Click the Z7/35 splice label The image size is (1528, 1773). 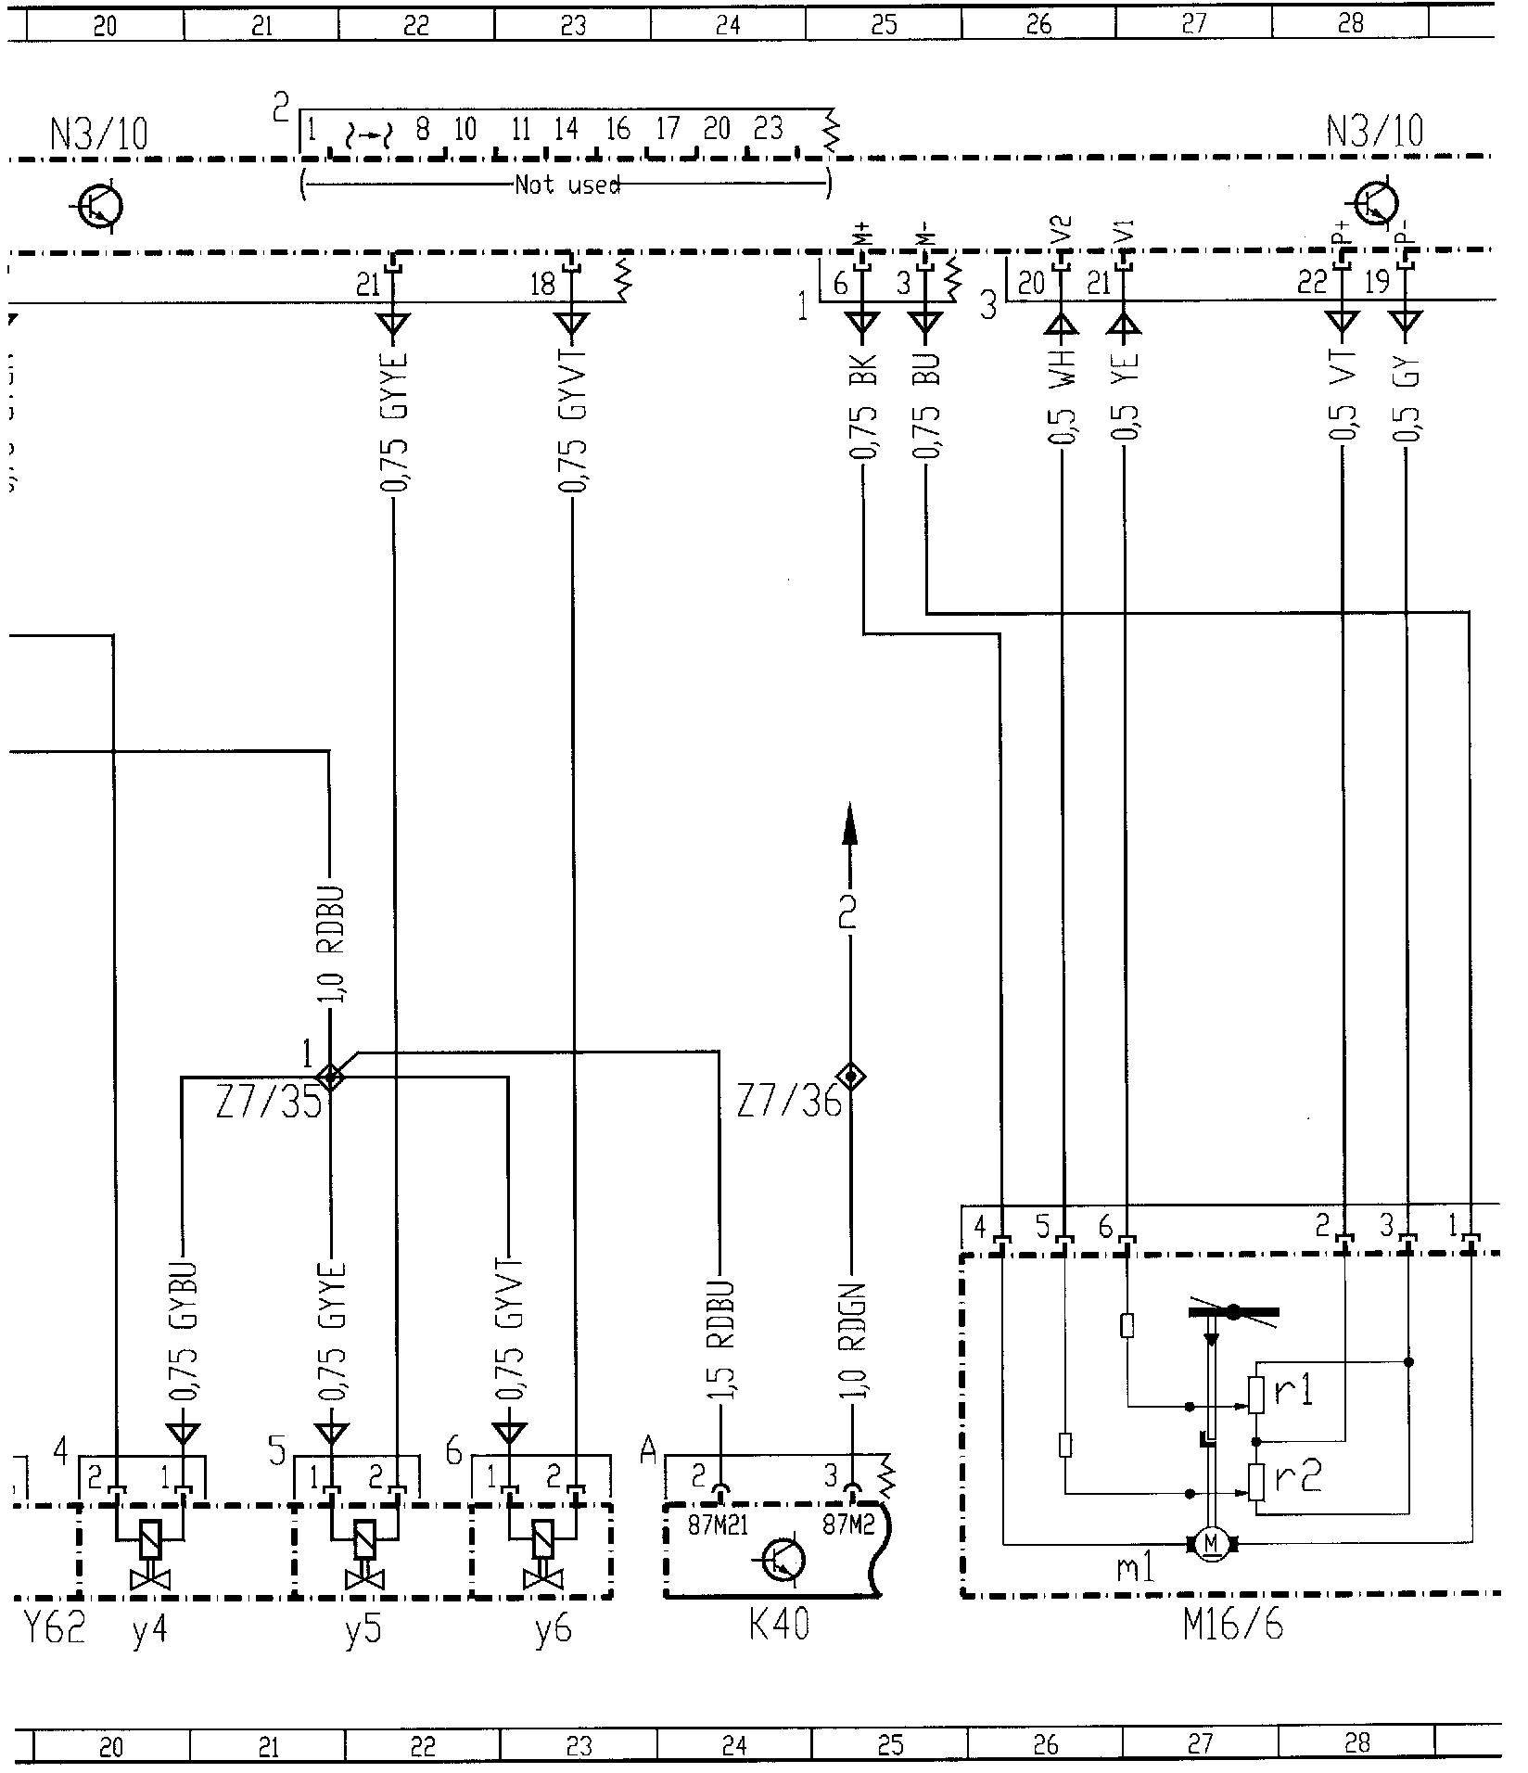(269, 1103)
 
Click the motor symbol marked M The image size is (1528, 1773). (1210, 1543)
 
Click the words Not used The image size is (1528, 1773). (567, 185)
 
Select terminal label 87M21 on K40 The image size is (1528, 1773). (719, 1524)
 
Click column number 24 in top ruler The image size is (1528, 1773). (728, 25)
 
